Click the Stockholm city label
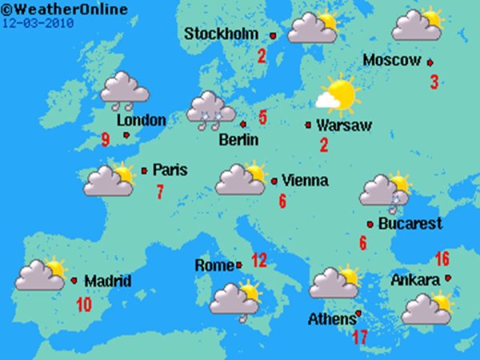click(x=222, y=34)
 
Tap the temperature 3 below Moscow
click(x=434, y=82)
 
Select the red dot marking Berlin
click(x=242, y=124)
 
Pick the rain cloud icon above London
click(x=124, y=90)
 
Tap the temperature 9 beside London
click(x=106, y=141)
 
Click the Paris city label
click(x=170, y=170)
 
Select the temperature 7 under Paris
click(x=160, y=192)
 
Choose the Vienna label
click(x=306, y=181)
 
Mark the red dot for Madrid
click(x=74, y=281)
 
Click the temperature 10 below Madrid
click(x=83, y=304)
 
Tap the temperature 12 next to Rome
click(x=258, y=260)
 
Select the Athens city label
click(x=331, y=320)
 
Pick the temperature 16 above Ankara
click(x=442, y=259)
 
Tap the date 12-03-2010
click(x=38, y=22)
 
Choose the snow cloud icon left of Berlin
click(x=210, y=110)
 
